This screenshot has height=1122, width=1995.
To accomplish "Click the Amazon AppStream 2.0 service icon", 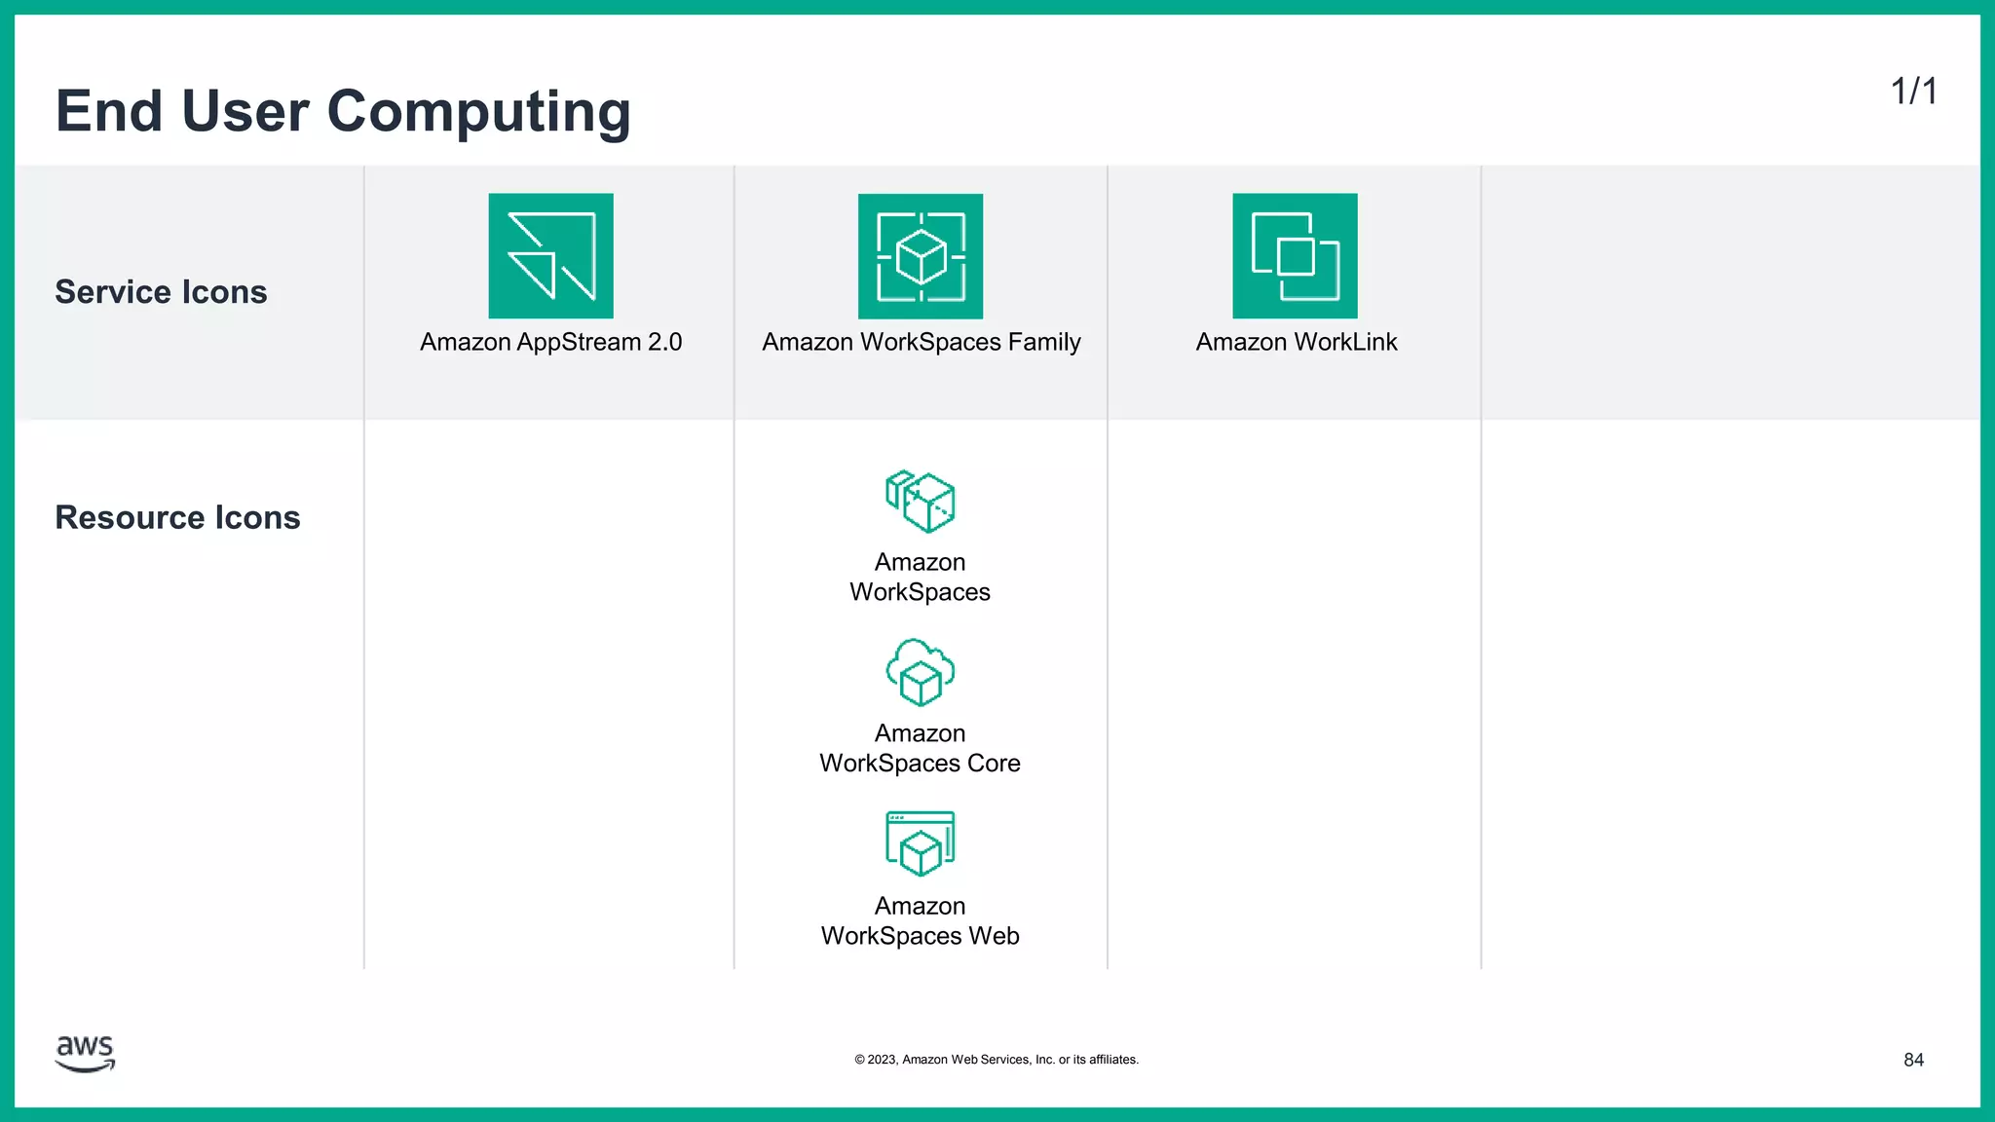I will [550, 255].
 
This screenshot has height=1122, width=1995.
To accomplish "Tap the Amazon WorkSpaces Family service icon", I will [921, 256].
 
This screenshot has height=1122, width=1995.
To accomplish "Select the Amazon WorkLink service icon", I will [1295, 255].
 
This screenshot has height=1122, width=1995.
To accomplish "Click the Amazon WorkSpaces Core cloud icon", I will [921, 672].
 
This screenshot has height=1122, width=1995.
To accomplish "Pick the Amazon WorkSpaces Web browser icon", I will [921, 843].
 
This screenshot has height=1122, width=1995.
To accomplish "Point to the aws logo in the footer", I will [86, 1053].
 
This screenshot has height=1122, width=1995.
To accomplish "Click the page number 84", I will [1913, 1060].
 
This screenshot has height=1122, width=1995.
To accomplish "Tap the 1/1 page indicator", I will [1913, 92].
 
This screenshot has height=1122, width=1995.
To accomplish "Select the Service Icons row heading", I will [161, 292].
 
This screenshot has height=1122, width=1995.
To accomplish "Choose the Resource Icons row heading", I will [177, 517].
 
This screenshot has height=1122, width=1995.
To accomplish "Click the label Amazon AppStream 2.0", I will [550, 342].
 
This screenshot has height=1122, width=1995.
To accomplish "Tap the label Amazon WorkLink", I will [1296, 342].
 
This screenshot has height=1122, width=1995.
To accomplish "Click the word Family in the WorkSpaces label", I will [1044, 342].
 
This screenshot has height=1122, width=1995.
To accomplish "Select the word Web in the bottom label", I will [994, 936].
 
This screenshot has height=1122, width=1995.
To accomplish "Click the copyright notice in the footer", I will [997, 1060].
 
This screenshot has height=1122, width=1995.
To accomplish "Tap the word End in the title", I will [109, 112].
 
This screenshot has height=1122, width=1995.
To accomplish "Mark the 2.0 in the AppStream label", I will [664, 342].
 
